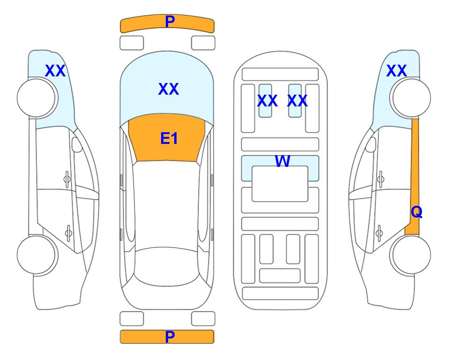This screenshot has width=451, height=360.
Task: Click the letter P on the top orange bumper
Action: pyautogui.click(x=170, y=21)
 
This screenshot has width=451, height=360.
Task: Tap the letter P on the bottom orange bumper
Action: pyautogui.click(x=170, y=337)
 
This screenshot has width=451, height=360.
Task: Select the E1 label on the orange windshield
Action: pyautogui.click(x=169, y=138)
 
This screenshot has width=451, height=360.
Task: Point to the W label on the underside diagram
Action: pyautogui.click(x=282, y=161)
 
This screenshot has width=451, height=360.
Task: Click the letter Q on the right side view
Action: pyautogui.click(x=416, y=212)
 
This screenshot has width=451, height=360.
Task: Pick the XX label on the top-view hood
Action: pyautogui.click(x=169, y=89)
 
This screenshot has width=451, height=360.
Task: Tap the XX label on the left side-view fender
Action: pyautogui.click(x=55, y=71)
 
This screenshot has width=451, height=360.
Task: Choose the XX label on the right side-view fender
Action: pyautogui.click(x=396, y=71)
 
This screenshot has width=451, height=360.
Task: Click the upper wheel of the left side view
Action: pyautogui.click(x=37, y=98)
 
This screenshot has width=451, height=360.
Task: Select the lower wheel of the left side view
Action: pyautogui.click(x=37, y=255)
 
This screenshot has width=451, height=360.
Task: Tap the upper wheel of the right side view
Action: pyautogui.click(x=410, y=98)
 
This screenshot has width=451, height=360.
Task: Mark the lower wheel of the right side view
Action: pyautogui.click(x=410, y=255)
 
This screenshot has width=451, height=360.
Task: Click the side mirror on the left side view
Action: pyautogui.click(x=77, y=144)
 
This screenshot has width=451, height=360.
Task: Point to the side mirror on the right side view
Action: pyautogui.click(x=371, y=144)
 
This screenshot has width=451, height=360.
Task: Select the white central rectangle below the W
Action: pyautogui.click(x=280, y=184)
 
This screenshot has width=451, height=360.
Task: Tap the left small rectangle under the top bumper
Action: pyautogui.click(x=132, y=43)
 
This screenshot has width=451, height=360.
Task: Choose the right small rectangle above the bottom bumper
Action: pyautogui.click(x=203, y=319)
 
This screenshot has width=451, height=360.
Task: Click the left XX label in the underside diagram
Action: pyautogui.click(x=267, y=101)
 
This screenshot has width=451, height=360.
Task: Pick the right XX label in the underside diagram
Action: pyautogui.click(x=297, y=101)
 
